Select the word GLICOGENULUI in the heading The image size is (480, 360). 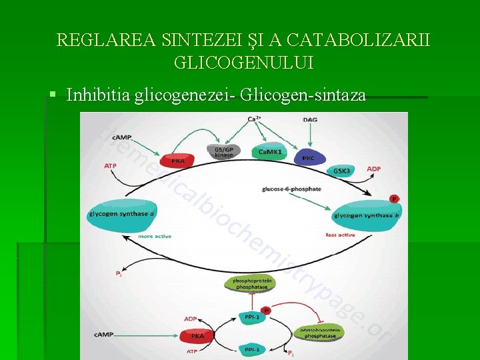click(243, 63)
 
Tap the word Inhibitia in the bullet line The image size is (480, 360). click(99, 95)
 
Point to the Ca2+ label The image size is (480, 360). click(253, 119)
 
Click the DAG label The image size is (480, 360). click(310, 119)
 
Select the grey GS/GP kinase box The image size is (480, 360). click(224, 152)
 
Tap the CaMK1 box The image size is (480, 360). click(270, 152)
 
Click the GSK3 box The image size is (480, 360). click(342, 171)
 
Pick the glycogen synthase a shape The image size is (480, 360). click(121, 214)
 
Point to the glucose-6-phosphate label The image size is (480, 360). click(292, 189)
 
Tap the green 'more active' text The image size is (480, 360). click(154, 237)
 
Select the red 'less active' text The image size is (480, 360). click(340, 235)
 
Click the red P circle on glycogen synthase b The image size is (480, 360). click(393, 199)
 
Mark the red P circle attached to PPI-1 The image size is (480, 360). click(267, 311)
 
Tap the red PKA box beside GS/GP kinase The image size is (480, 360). click(177, 160)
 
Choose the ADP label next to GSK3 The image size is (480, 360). click(373, 169)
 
